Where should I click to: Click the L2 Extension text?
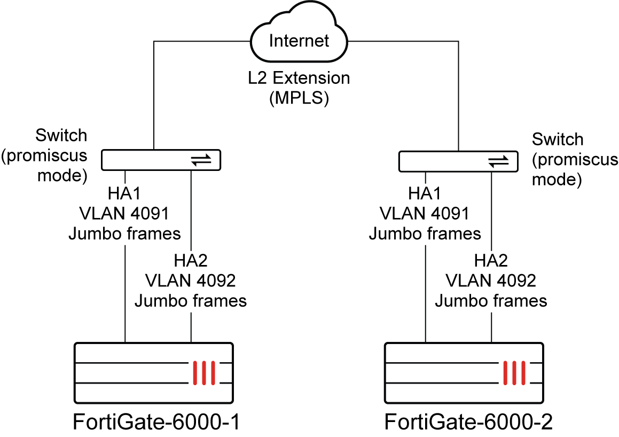click(299, 79)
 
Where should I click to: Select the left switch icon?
click(161, 160)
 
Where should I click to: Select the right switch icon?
click(459, 161)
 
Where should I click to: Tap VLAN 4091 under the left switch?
click(124, 213)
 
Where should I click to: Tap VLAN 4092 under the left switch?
click(191, 280)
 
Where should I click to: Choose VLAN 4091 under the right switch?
click(425, 214)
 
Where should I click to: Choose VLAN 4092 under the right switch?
click(491, 280)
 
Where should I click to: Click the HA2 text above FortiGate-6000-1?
click(191, 260)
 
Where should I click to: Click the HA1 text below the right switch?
click(425, 193)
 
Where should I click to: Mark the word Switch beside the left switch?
click(61, 135)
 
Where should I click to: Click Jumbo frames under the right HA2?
click(491, 301)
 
